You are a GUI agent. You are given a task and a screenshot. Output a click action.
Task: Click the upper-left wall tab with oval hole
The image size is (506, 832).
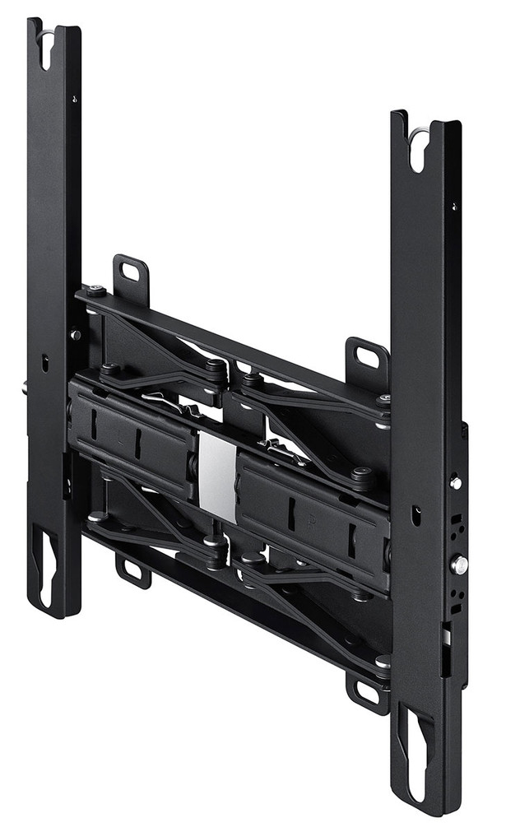130,271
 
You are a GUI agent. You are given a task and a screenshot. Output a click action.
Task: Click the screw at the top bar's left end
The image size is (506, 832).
96,291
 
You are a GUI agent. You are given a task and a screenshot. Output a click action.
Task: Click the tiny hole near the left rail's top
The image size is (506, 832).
74,99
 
